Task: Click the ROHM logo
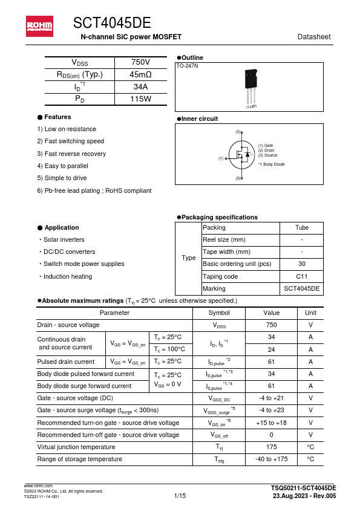click(x=39, y=25)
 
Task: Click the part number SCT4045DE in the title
click(x=112, y=23)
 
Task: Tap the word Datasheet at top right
click(x=314, y=37)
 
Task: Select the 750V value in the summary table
click(x=140, y=62)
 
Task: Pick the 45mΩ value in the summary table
click(x=140, y=74)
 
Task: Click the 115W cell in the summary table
click(x=140, y=99)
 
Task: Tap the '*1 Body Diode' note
click(x=271, y=164)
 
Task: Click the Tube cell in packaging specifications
click(x=301, y=228)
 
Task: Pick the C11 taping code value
click(x=301, y=276)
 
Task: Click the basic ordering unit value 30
click(x=301, y=264)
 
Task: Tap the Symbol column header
click(x=218, y=313)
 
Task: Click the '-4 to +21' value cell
click(x=271, y=398)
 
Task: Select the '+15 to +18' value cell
click(x=271, y=423)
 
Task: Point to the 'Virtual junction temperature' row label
click(x=76, y=447)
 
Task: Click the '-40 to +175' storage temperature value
click(x=271, y=459)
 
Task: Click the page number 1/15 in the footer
click(x=180, y=496)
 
